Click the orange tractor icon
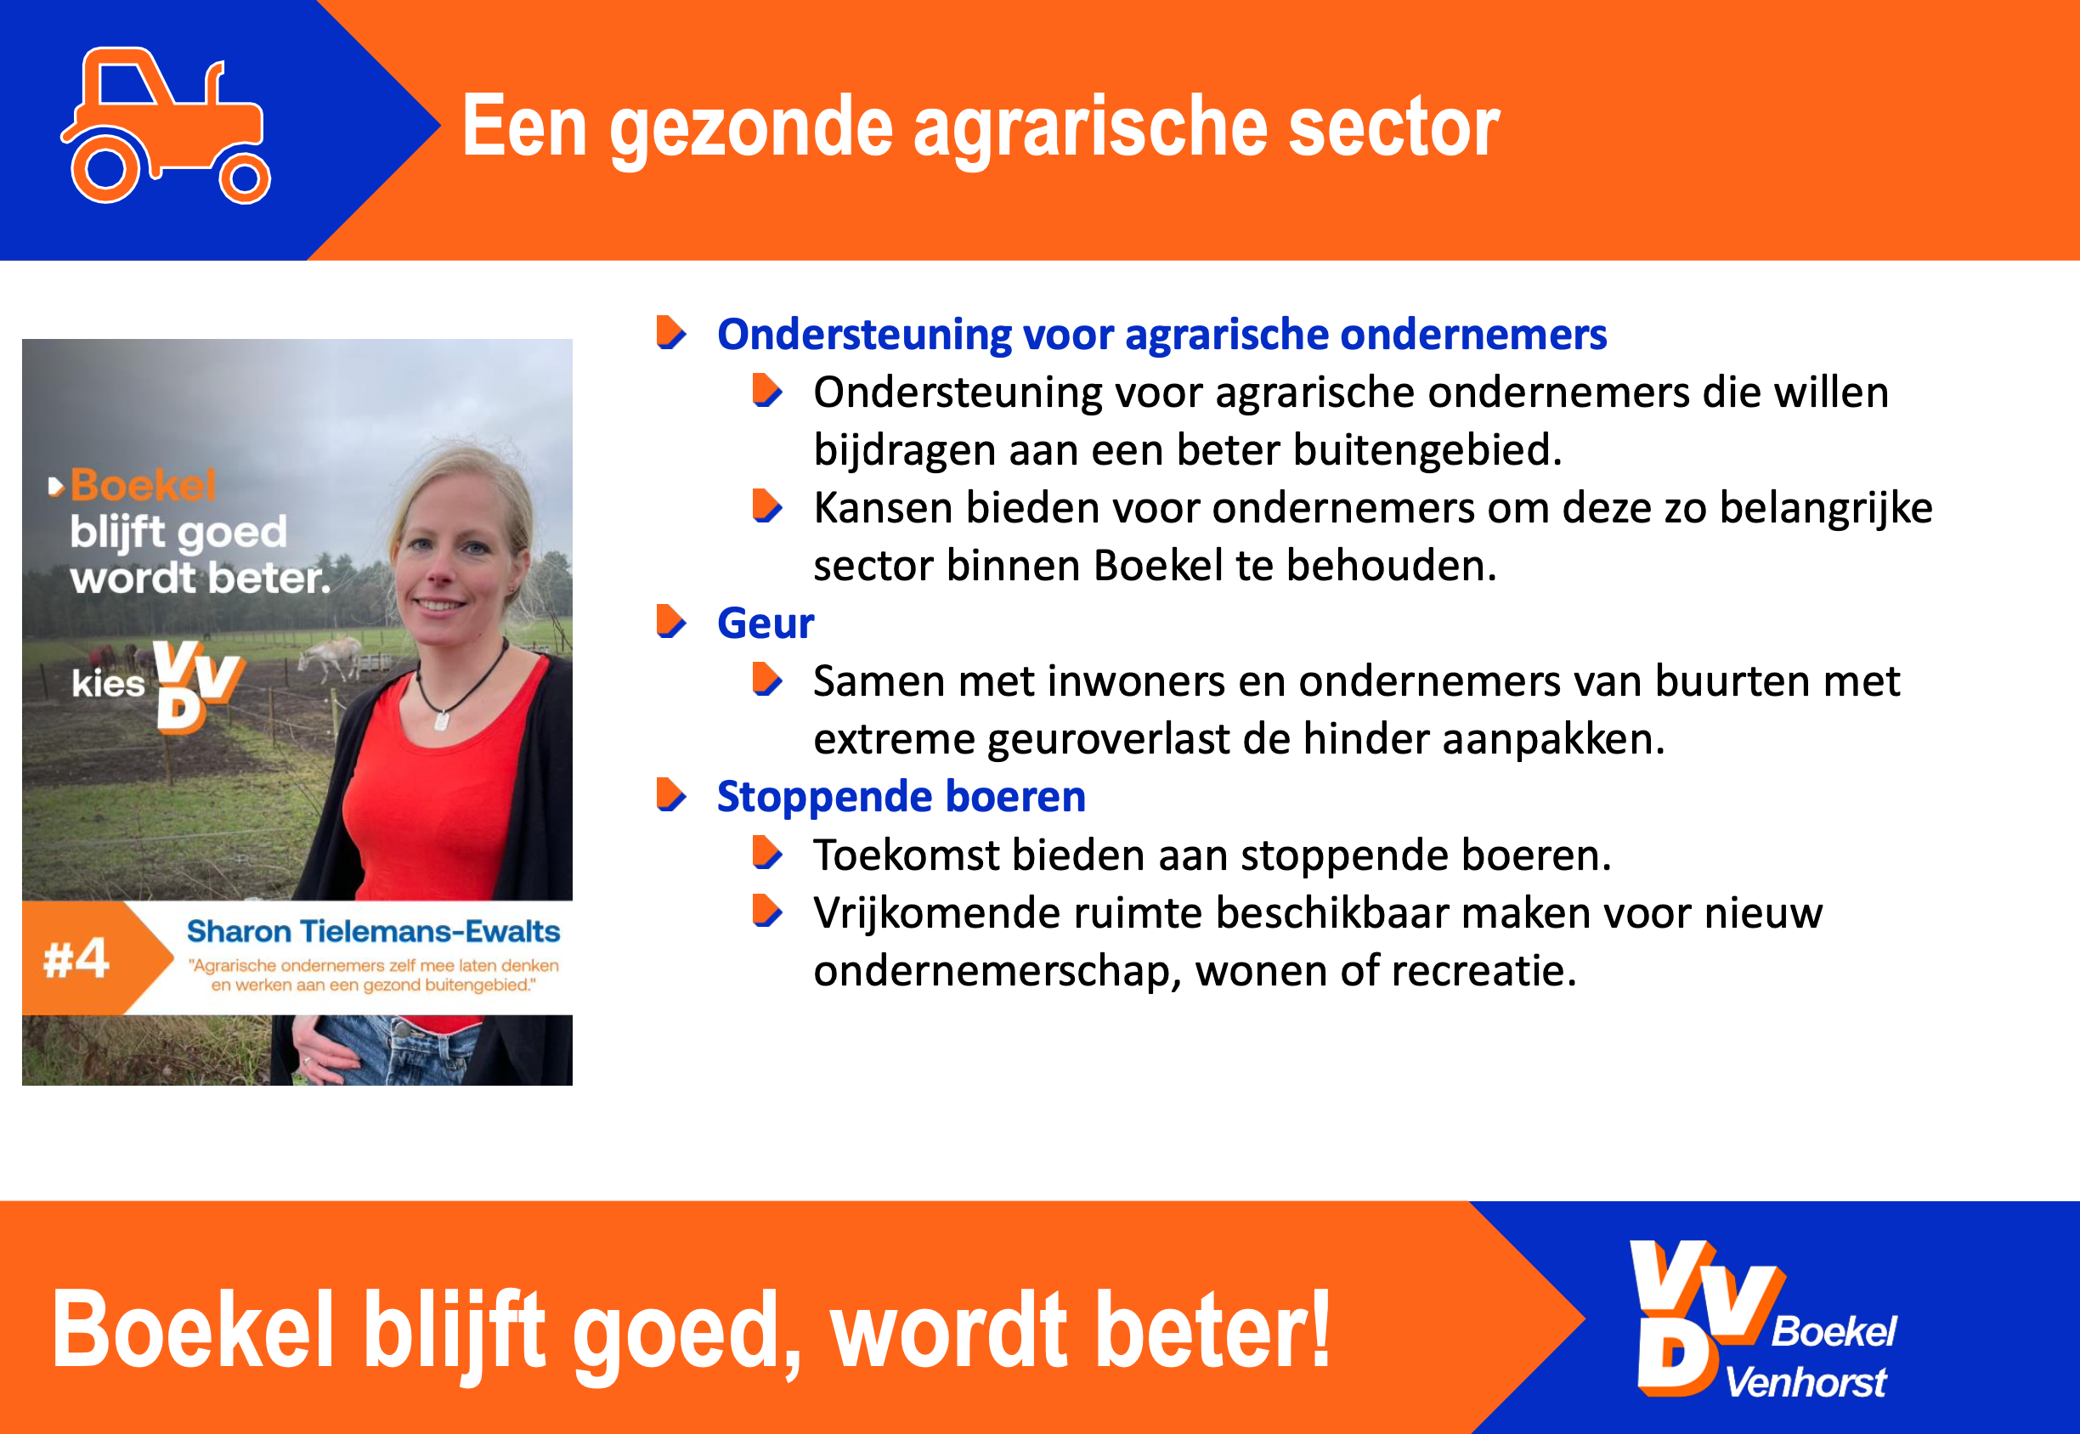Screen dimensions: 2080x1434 (x=167, y=126)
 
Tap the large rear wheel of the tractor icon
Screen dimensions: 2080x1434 (x=106, y=168)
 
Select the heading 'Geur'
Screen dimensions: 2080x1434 (x=766, y=623)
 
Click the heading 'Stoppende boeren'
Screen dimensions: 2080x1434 (x=902, y=797)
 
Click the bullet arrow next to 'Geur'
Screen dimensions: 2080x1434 (x=670, y=621)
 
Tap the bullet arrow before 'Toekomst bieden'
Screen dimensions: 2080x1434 (x=766, y=853)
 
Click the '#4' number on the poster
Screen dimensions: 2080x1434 (x=76, y=959)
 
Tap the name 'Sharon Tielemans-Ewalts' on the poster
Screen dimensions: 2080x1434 (x=373, y=932)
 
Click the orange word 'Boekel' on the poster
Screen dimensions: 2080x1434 (x=143, y=485)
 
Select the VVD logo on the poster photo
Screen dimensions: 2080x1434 (x=198, y=686)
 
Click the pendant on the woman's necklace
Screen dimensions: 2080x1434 (x=441, y=720)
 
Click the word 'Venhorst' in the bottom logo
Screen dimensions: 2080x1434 (x=1806, y=1382)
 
